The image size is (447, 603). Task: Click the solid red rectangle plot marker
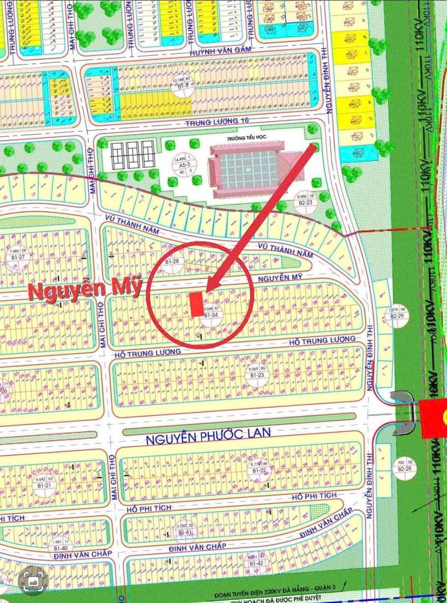point(195,303)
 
